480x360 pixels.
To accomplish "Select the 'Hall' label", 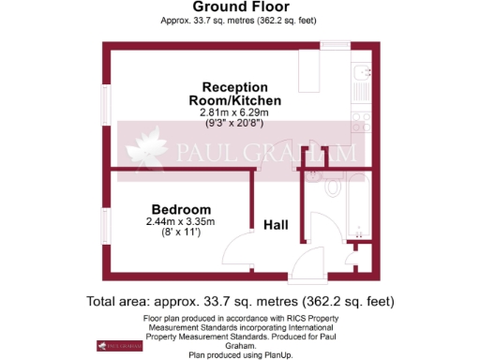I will pos(276,225).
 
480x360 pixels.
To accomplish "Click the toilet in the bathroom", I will pos(333,187).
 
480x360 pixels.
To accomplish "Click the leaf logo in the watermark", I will pos(149,151).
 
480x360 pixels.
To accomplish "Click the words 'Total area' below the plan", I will pos(118,302).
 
